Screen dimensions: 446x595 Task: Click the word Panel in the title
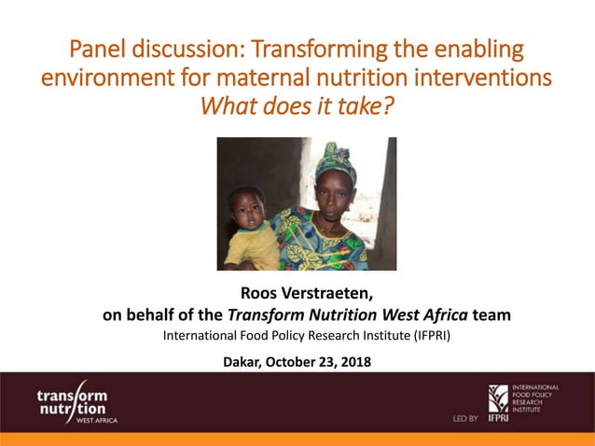(x=100, y=48)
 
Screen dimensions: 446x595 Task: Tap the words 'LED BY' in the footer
(x=465, y=419)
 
